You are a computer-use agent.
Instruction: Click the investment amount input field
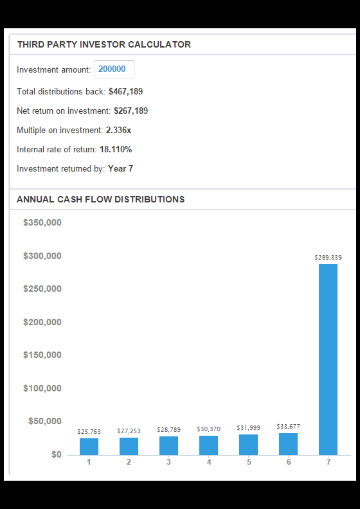114,69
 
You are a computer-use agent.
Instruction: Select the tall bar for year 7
328,359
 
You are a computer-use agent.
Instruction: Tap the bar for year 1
89,447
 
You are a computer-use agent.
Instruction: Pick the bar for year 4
208,445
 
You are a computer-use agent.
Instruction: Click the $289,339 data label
328,258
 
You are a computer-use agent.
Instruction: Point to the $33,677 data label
288,426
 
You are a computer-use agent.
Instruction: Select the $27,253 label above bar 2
129,431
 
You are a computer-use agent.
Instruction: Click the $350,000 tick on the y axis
42,222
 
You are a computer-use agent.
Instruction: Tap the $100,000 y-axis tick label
42,388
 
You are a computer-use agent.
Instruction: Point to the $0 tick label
56,454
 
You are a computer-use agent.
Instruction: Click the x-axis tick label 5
249,462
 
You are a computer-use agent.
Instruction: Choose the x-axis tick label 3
168,462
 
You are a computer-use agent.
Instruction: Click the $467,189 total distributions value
125,91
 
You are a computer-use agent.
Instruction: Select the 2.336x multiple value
118,130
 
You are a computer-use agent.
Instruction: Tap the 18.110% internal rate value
116,149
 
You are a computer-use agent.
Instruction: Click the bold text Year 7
120,169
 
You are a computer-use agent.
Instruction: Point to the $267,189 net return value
130,111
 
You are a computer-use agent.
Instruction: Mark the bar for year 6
288,443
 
